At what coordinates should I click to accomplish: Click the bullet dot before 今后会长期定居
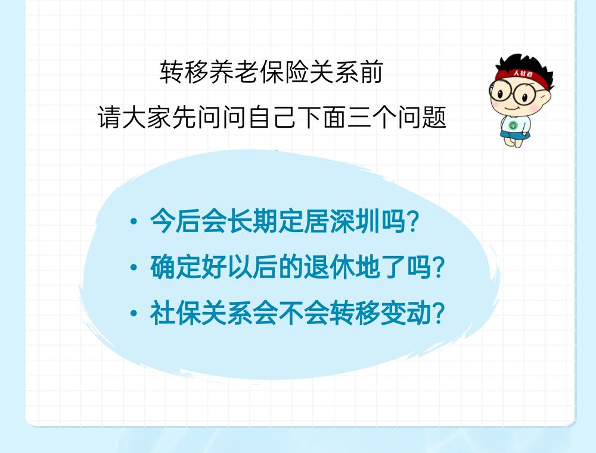134,221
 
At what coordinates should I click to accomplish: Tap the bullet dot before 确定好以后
134,267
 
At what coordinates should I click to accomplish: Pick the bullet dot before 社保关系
134,313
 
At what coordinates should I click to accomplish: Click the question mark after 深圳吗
412,221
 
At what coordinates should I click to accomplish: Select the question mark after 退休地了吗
438,267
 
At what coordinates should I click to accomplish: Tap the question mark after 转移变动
438,313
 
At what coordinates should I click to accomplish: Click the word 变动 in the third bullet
405,313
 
